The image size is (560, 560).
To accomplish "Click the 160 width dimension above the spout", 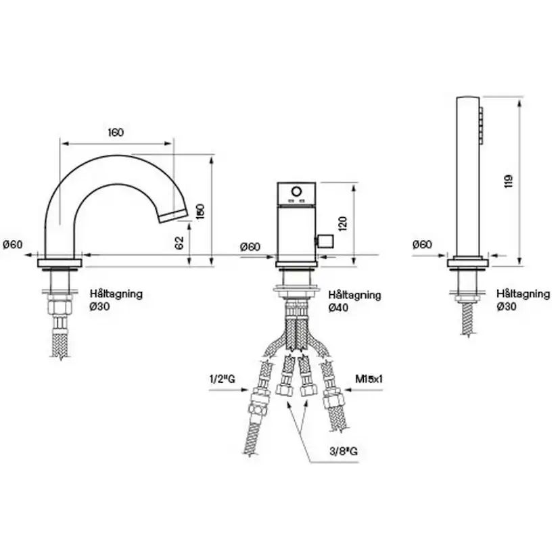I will coord(116,133).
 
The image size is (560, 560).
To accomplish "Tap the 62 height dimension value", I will coord(179,243).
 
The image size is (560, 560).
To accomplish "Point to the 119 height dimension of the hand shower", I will coord(509,181).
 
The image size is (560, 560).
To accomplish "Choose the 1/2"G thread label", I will coord(222,380).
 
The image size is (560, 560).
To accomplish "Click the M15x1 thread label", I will coord(369,380).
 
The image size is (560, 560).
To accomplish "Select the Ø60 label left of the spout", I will coord(13,245).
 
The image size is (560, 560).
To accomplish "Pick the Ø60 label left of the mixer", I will coord(250,246).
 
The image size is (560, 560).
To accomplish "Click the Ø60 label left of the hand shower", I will coord(422,244).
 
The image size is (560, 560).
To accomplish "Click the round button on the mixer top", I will coord(295,195).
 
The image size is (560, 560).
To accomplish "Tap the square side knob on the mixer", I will coord(325,241).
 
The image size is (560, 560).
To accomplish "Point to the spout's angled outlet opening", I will coord(172,216).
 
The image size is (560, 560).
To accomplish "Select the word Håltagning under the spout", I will coord(116,294).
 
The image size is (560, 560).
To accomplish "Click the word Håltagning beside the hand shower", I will coord(523,294).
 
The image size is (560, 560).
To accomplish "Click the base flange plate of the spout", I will coord(60,262).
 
